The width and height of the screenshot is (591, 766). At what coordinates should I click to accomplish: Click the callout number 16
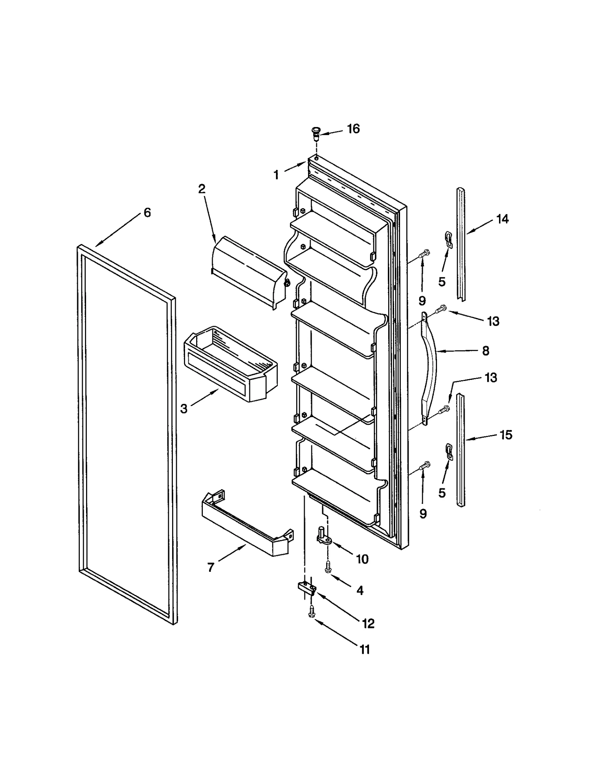(x=353, y=129)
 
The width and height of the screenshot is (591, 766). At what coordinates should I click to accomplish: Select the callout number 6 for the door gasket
(x=147, y=213)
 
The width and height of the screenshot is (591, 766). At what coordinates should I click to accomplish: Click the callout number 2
(x=201, y=189)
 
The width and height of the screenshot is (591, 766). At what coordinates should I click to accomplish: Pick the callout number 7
(x=211, y=567)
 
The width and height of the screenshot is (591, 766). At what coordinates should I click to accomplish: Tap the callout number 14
(x=502, y=219)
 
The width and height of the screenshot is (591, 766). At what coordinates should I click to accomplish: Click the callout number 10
(x=362, y=559)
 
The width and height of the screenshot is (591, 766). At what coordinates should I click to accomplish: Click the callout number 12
(x=368, y=623)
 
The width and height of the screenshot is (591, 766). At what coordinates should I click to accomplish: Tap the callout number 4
(x=360, y=590)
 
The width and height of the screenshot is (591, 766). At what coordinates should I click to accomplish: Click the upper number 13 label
(x=493, y=321)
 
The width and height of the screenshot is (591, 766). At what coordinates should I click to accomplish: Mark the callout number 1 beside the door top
(x=276, y=175)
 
